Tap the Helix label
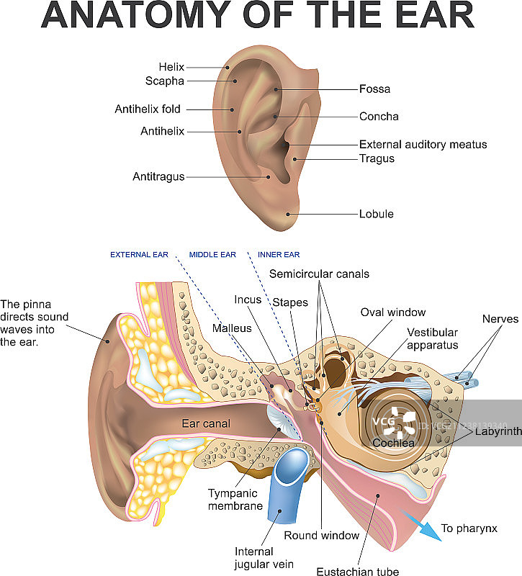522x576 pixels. [x=172, y=67]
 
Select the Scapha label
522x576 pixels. [x=165, y=81]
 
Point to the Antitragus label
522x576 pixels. [x=158, y=176]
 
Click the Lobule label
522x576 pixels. [x=377, y=214]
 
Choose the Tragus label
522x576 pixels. [x=377, y=158]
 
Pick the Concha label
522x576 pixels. [x=379, y=117]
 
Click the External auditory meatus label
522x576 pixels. [x=423, y=145]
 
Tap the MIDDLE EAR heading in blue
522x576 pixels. [x=212, y=255]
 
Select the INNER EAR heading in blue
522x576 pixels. [x=279, y=255]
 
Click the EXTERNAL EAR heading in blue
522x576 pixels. [x=140, y=255]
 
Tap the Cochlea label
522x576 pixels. [x=393, y=444]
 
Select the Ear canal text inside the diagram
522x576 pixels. [x=206, y=423]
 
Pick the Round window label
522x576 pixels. [x=321, y=535]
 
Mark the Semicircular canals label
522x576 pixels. [x=319, y=274]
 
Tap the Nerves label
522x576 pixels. [x=500, y=318]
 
